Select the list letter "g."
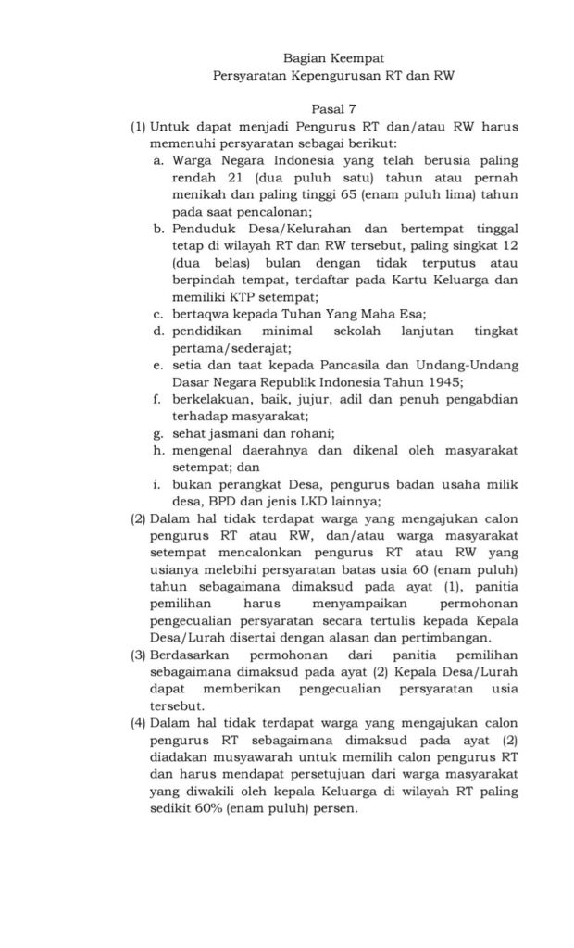point(159,432)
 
